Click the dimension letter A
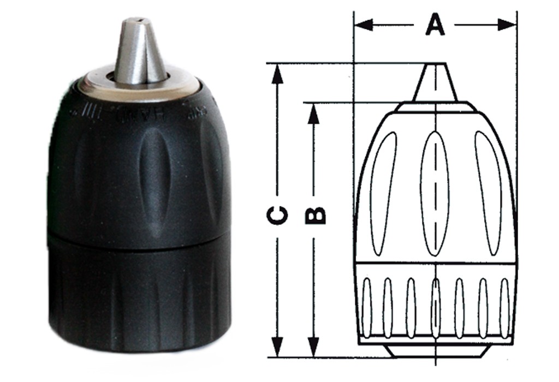coord(435,25)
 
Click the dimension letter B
coord(315,214)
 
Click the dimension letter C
coord(278,215)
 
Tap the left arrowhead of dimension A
coord(362,25)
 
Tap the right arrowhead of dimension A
coord(508,25)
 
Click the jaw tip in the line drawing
coord(434,82)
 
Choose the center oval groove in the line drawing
coord(435,194)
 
